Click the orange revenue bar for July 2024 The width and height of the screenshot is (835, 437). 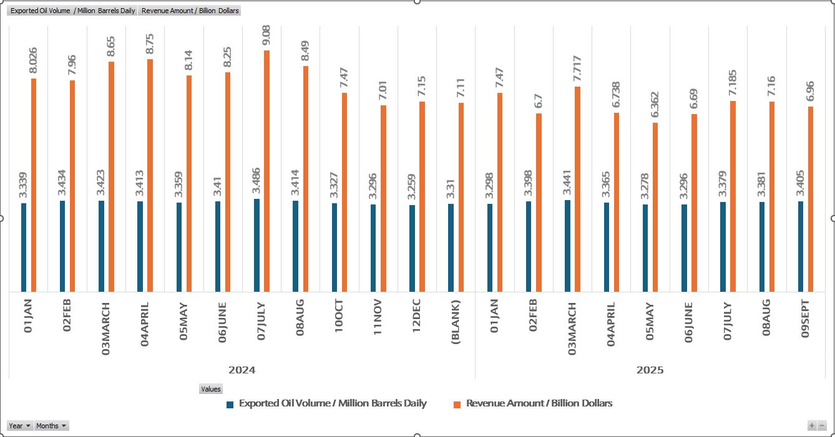[266, 171]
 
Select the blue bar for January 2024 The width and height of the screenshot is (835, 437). [24, 247]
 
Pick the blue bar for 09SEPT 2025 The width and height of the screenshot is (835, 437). [801, 246]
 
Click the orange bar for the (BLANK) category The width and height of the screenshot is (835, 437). [461, 197]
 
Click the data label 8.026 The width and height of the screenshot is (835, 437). [34, 61]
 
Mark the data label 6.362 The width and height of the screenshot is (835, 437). [655, 105]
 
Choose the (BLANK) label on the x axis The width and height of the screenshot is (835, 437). [455, 322]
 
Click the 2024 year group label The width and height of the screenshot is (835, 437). [242, 370]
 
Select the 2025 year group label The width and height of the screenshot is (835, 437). [650, 370]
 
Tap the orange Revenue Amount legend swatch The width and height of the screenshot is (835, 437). [457, 404]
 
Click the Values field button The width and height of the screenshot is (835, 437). [210, 389]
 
